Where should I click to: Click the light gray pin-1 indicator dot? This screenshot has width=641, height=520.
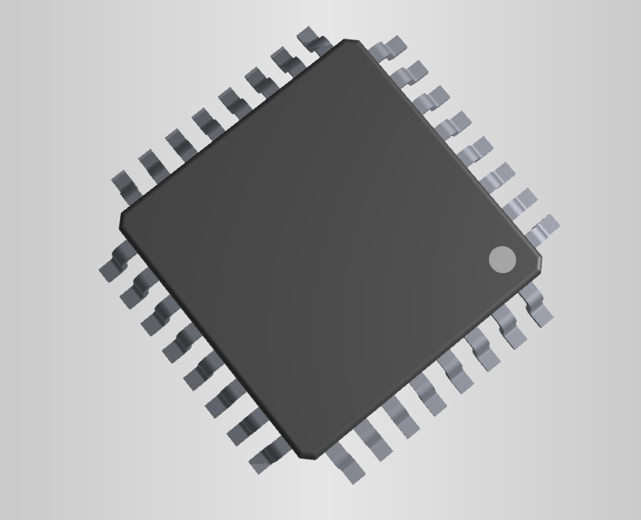coord(502,260)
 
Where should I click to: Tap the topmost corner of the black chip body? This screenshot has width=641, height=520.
coord(352,41)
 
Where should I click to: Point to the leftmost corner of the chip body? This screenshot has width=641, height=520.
coord(122,221)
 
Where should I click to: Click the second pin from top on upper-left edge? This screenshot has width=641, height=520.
coord(285,60)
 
